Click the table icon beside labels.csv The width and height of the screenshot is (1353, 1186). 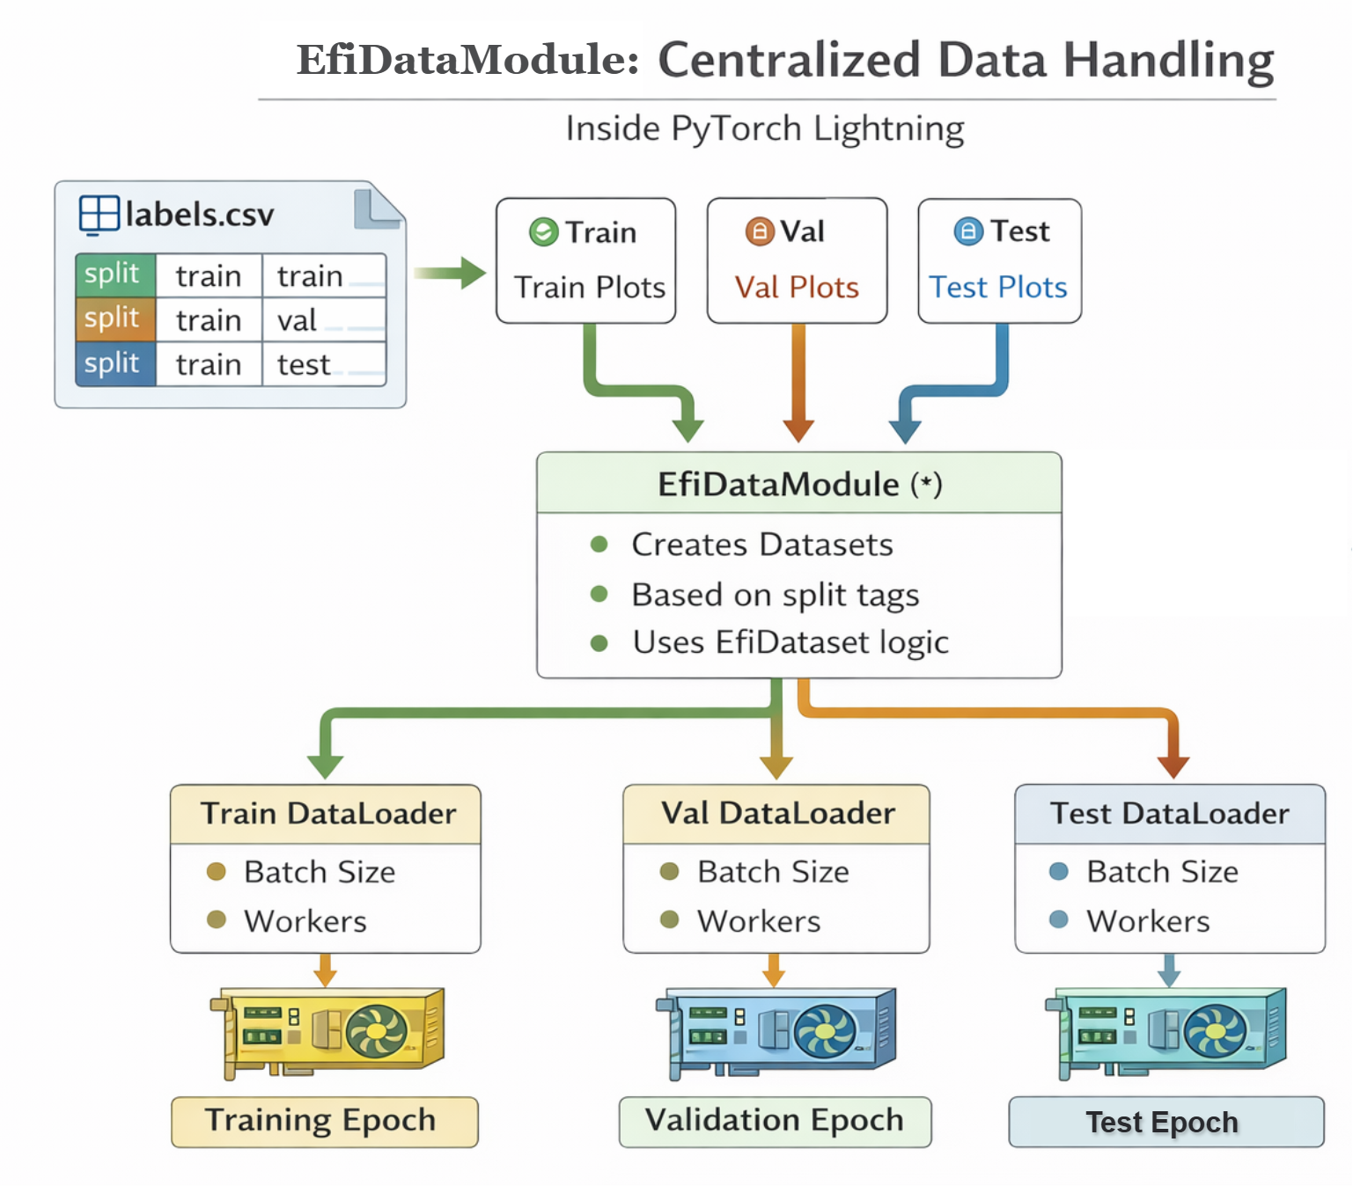pos(99,215)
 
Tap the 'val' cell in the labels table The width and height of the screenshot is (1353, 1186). pos(297,320)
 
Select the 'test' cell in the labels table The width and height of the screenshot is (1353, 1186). pos(304,364)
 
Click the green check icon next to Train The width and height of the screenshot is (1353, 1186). pos(543,232)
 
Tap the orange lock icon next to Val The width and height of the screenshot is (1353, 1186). pos(759,231)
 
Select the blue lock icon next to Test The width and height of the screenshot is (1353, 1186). pos(968,231)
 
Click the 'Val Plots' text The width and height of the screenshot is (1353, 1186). pos(797,288)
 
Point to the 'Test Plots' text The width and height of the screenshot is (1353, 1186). pos(998,288)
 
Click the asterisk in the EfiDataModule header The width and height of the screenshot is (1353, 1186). pos(926,483)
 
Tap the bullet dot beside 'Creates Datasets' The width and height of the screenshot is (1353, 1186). pos(599,545)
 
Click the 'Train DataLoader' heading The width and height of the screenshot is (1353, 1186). pos(327,814)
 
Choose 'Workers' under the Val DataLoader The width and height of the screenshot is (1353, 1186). pos(759,921)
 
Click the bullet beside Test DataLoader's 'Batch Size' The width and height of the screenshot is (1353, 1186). pos(1059,872)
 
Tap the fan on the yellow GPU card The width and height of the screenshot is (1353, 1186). pos(376,1031)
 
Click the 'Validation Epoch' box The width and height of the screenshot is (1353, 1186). pos(775,1121)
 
